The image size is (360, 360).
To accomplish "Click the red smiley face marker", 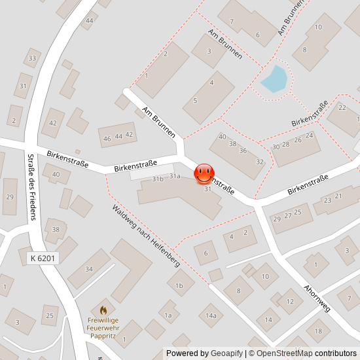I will (204, 173).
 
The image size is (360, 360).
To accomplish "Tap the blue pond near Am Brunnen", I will (274, 79).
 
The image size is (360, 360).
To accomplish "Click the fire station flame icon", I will (103, 310).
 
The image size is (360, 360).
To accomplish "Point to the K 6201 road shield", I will (43, 259).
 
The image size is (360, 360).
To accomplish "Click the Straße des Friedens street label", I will (30, 187).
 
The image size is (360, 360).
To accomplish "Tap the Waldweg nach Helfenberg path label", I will (145, 236).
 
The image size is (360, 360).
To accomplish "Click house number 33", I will (31, 59).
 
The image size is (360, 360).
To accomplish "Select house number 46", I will (107, 139).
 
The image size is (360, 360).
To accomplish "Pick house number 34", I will (89, 268).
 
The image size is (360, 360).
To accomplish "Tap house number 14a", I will (211, 315).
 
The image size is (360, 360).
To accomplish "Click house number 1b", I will (179, 285).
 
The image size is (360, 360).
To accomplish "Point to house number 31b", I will (158, 179).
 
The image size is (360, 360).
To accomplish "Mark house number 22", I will (342, 108).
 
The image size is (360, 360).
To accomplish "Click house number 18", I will (318, 331).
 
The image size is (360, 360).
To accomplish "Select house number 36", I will (243, 151).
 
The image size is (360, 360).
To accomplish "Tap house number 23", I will (326, 200).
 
